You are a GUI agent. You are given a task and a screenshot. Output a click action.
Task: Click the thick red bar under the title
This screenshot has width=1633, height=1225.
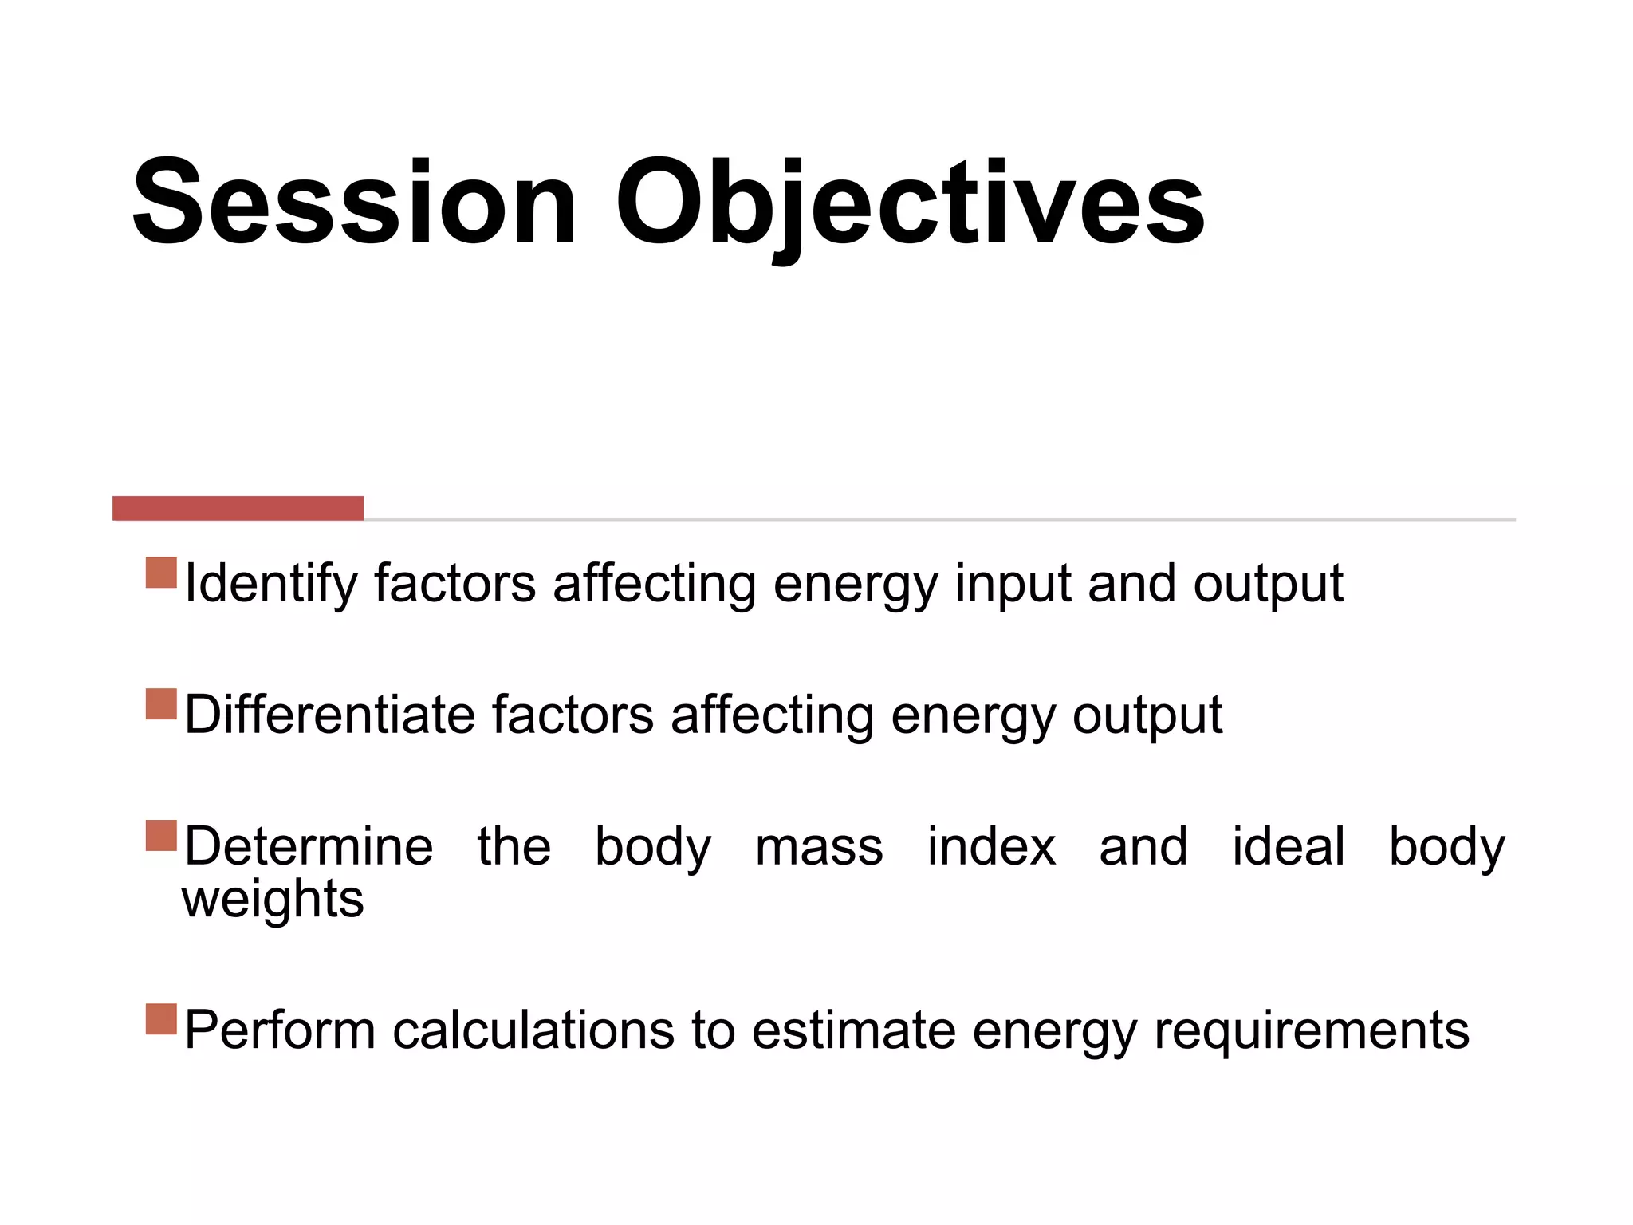(238, 508)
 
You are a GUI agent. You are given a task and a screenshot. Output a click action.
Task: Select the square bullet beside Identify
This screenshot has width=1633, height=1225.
(161, 573)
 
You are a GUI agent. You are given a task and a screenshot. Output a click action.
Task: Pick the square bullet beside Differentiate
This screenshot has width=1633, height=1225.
(161, 704)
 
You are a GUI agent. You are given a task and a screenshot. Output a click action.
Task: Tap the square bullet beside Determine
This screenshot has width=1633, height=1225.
(161, 836)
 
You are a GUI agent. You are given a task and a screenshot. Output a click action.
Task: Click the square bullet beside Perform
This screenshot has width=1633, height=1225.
(161, 1019)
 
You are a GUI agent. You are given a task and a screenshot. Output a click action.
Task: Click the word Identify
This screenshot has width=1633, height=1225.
(271, 585)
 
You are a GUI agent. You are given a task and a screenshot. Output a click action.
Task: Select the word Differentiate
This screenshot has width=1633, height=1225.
(329, 715)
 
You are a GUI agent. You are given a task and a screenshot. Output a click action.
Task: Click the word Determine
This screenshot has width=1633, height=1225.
(309, 846)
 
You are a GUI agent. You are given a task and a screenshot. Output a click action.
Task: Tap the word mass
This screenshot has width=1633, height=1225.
(819, 848)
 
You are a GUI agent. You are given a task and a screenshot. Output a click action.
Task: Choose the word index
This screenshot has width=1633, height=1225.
(991, 846)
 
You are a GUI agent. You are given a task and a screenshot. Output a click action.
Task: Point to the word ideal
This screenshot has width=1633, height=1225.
(1289, 846)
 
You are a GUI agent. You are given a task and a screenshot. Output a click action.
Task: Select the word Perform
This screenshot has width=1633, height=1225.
(280, 1030)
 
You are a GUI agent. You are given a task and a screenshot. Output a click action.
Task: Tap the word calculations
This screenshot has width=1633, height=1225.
(533, 1030)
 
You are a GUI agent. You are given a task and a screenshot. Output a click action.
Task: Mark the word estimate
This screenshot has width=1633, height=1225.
(854, 1030)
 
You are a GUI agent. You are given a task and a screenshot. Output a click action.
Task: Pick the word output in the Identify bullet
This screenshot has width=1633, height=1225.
(1268, 585)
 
